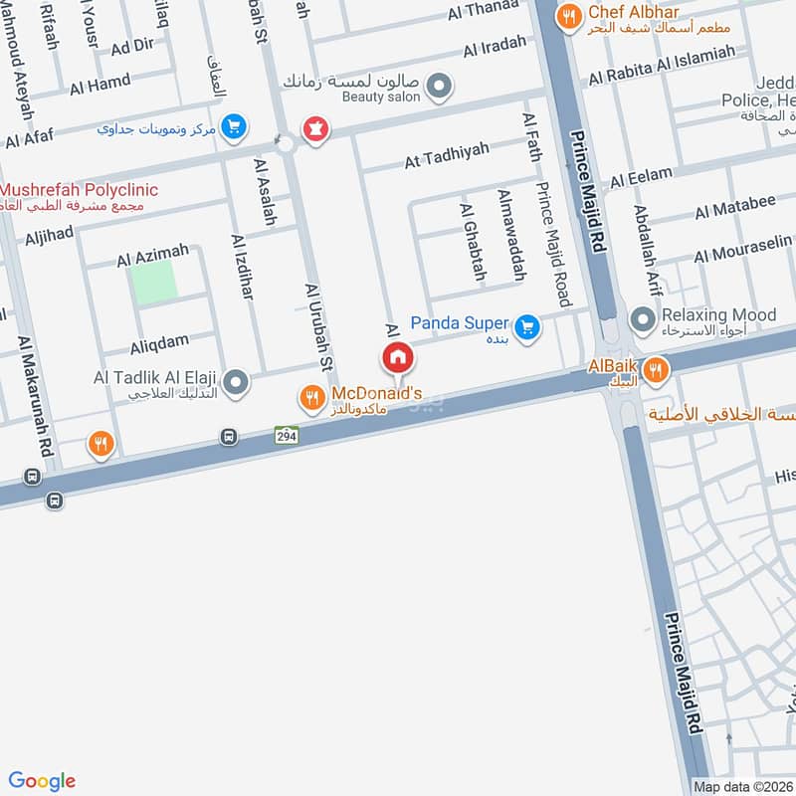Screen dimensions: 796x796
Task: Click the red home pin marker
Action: pyautogui.click(x=397, y=357)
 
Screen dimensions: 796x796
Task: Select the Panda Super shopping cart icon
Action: pyautogui.click(x=527, y=325)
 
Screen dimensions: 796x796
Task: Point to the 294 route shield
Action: pyautogui.click(x=287, y=435)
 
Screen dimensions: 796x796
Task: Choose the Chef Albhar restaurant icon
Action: pyautogui.click(x=569, y=14)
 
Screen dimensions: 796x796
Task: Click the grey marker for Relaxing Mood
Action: pyautogui.click(x=644, y=319)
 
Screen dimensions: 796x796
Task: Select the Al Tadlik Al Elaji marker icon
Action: pyautogui.click(x=236, y=382)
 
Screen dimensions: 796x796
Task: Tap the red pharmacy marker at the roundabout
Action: pyautogui.click(x=315, y=128)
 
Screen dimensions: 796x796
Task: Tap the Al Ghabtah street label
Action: pyautogui.click(x=469, y=242)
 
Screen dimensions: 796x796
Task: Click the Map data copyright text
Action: pyautogui.click(x=742, y=786)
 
